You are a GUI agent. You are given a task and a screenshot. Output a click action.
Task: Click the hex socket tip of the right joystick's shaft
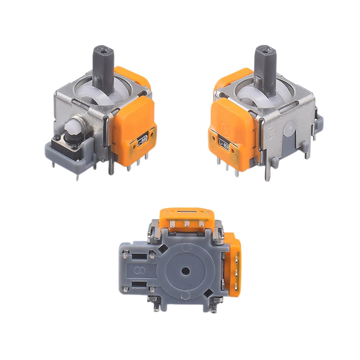click(x=266, y=48)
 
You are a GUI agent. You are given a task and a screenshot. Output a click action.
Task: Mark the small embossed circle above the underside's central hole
click(x=185, y=247)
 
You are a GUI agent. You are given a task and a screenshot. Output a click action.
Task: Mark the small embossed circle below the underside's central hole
click(x=185, y=295)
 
